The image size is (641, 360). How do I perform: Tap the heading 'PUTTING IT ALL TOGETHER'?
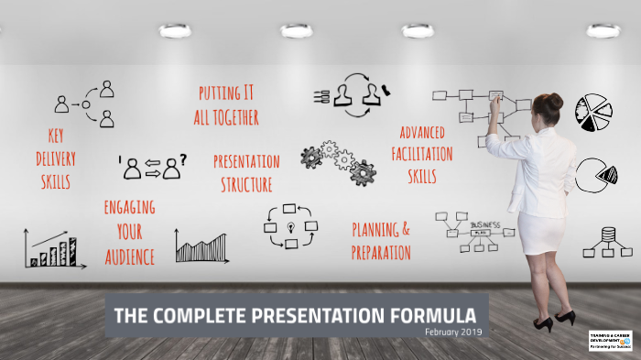226,104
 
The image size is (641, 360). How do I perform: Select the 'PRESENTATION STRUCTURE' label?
246,173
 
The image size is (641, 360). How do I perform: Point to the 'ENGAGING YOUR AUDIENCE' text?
129,231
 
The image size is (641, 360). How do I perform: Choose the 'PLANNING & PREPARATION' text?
381,240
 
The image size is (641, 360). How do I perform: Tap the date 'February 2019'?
453,332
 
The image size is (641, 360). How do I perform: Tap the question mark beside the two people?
183,160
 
